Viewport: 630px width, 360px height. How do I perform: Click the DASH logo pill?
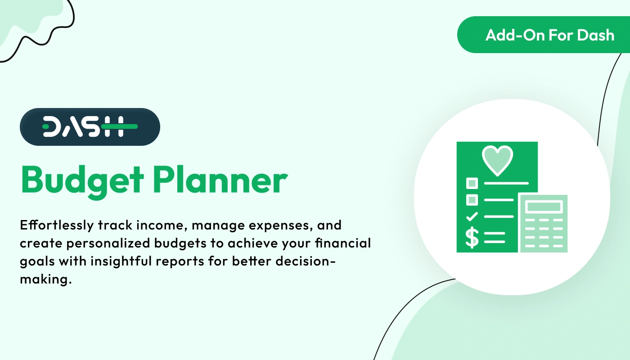90,127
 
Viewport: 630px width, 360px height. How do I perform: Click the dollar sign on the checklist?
472,237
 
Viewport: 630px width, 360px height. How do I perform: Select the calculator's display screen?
544,207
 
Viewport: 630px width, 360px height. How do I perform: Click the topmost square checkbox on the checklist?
472,183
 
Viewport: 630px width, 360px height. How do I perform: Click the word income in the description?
151,225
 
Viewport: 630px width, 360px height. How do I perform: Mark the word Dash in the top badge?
596,35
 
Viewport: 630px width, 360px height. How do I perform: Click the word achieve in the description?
250,243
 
